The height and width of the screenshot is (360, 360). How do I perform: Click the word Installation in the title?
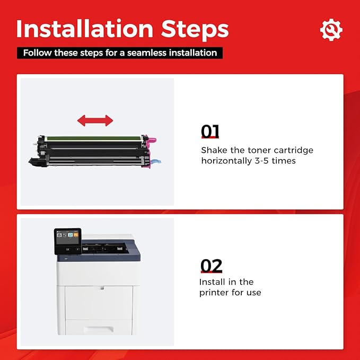point(85,29)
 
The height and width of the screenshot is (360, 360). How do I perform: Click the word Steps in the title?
point(195,30)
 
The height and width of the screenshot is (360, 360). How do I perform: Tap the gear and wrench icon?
point(331,30)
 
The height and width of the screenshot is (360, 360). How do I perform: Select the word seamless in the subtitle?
point(147,53)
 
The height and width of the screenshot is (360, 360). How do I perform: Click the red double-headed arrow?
point(95,120)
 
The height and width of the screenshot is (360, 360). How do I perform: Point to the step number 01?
point(210,131)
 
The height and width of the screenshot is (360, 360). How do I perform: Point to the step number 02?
point(211,266)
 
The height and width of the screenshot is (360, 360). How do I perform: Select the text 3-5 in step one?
point(262,161)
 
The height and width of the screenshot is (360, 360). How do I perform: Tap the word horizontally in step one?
point(226,161)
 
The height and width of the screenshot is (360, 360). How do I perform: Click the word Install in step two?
point(209,282)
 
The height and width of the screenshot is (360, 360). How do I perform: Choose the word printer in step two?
point(214,293)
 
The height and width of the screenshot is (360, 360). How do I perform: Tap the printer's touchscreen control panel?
point(68,241)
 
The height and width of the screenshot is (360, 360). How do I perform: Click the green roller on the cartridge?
point(94,138)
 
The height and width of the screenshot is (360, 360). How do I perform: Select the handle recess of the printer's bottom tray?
point(98,330)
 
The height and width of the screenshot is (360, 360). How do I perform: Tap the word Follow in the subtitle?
point(37,53)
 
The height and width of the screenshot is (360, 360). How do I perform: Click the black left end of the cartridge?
point(37,161)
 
